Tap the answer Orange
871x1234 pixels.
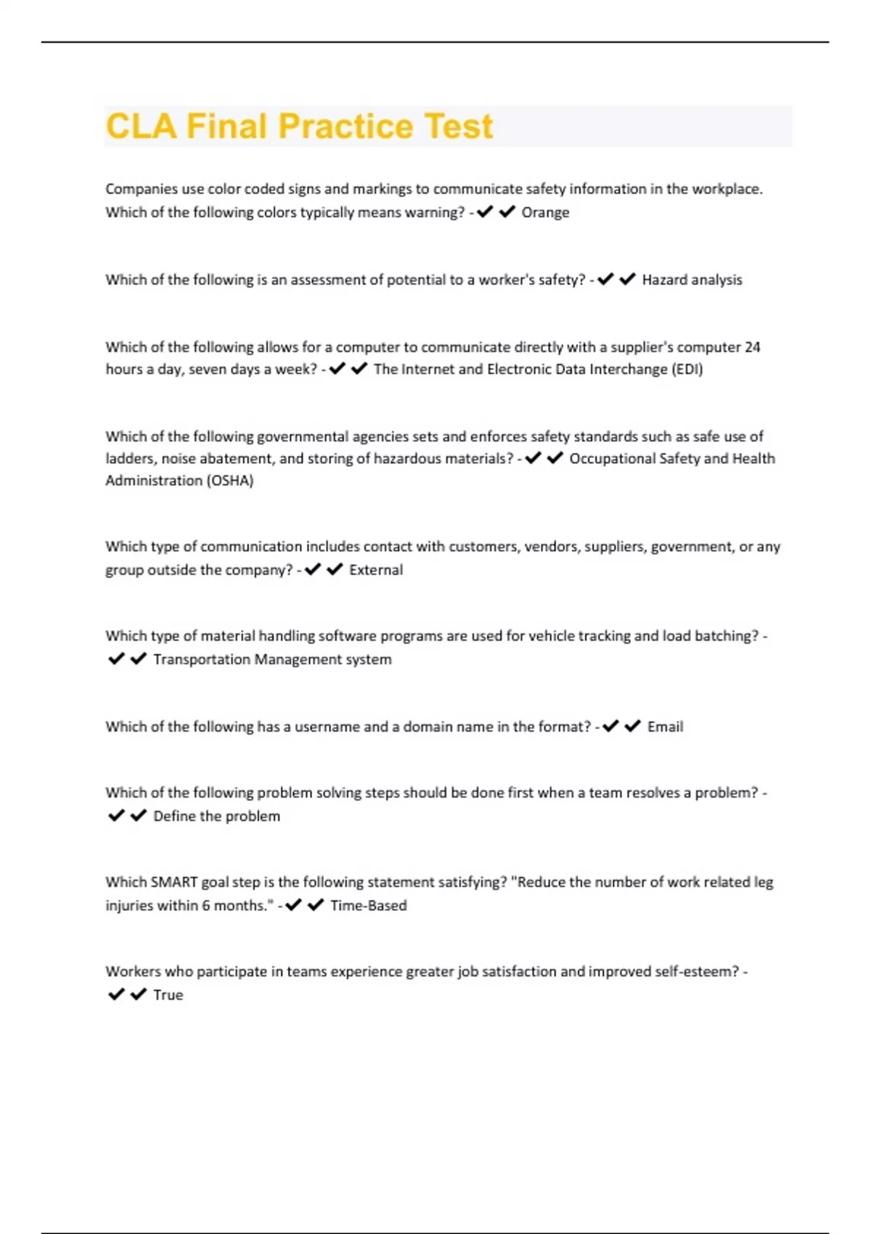click(545, 213)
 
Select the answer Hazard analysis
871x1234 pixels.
click(692, 280)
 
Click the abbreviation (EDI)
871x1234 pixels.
click(687, 369)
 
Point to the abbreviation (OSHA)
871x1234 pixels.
click(229, 481)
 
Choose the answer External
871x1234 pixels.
click(375, 571)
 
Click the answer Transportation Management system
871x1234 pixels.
click(272, 660)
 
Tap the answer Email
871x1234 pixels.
click(665, 727)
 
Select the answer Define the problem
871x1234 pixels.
click(216, 817)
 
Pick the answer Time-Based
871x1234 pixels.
click(368, 906)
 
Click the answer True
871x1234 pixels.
click(168, 995)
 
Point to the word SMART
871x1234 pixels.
click(173, 883)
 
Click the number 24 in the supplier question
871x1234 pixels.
click(752, 347)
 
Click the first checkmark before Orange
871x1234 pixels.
click(485, 212)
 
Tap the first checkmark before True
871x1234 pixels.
click(116, 994)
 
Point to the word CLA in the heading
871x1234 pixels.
click(141, 126)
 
